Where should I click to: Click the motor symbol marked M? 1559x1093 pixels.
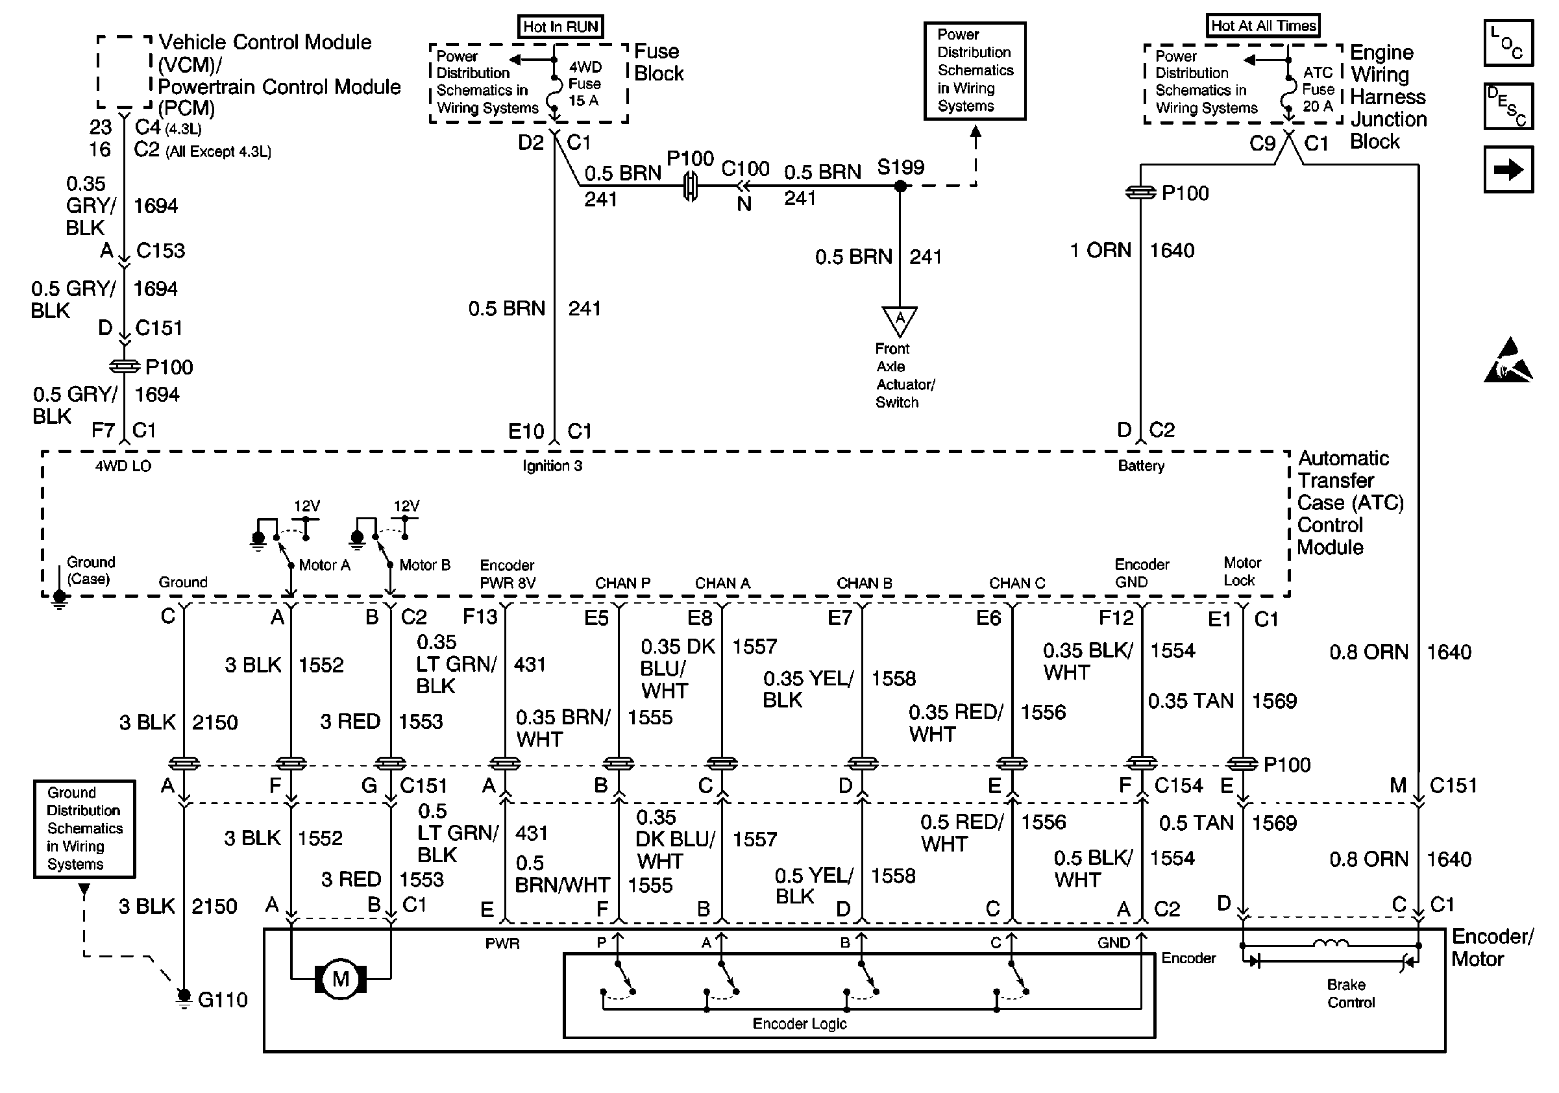[x=340, y=978]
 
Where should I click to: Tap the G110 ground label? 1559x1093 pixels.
[x=223, y=1000]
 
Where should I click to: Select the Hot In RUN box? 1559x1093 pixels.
[x=560, y=27]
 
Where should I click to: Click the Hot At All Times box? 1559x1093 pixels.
[x=1263, y=26]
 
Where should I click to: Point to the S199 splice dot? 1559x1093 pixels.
[x=900, y=186]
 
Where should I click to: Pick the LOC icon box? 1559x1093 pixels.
[x=1508, y=43]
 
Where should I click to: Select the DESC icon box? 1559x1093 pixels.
[x=1508, y=106]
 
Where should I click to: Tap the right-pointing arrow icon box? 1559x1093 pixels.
[x=1508, y=169]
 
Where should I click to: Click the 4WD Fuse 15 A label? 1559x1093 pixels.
[x=585, y=84]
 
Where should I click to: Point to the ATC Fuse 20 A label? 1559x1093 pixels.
[x=1318, y=89]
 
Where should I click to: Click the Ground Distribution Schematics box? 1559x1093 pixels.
[x=84, y=828]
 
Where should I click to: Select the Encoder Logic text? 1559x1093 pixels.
[x=799, y=1023]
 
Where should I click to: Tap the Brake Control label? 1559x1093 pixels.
[x=1351, y=993]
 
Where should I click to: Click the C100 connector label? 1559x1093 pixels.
[x=745, y=168]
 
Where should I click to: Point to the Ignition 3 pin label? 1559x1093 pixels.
[x=552, y=466]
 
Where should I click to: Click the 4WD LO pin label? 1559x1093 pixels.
[x=123, y=466]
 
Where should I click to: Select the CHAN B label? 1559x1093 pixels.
[x=864, y=583]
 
